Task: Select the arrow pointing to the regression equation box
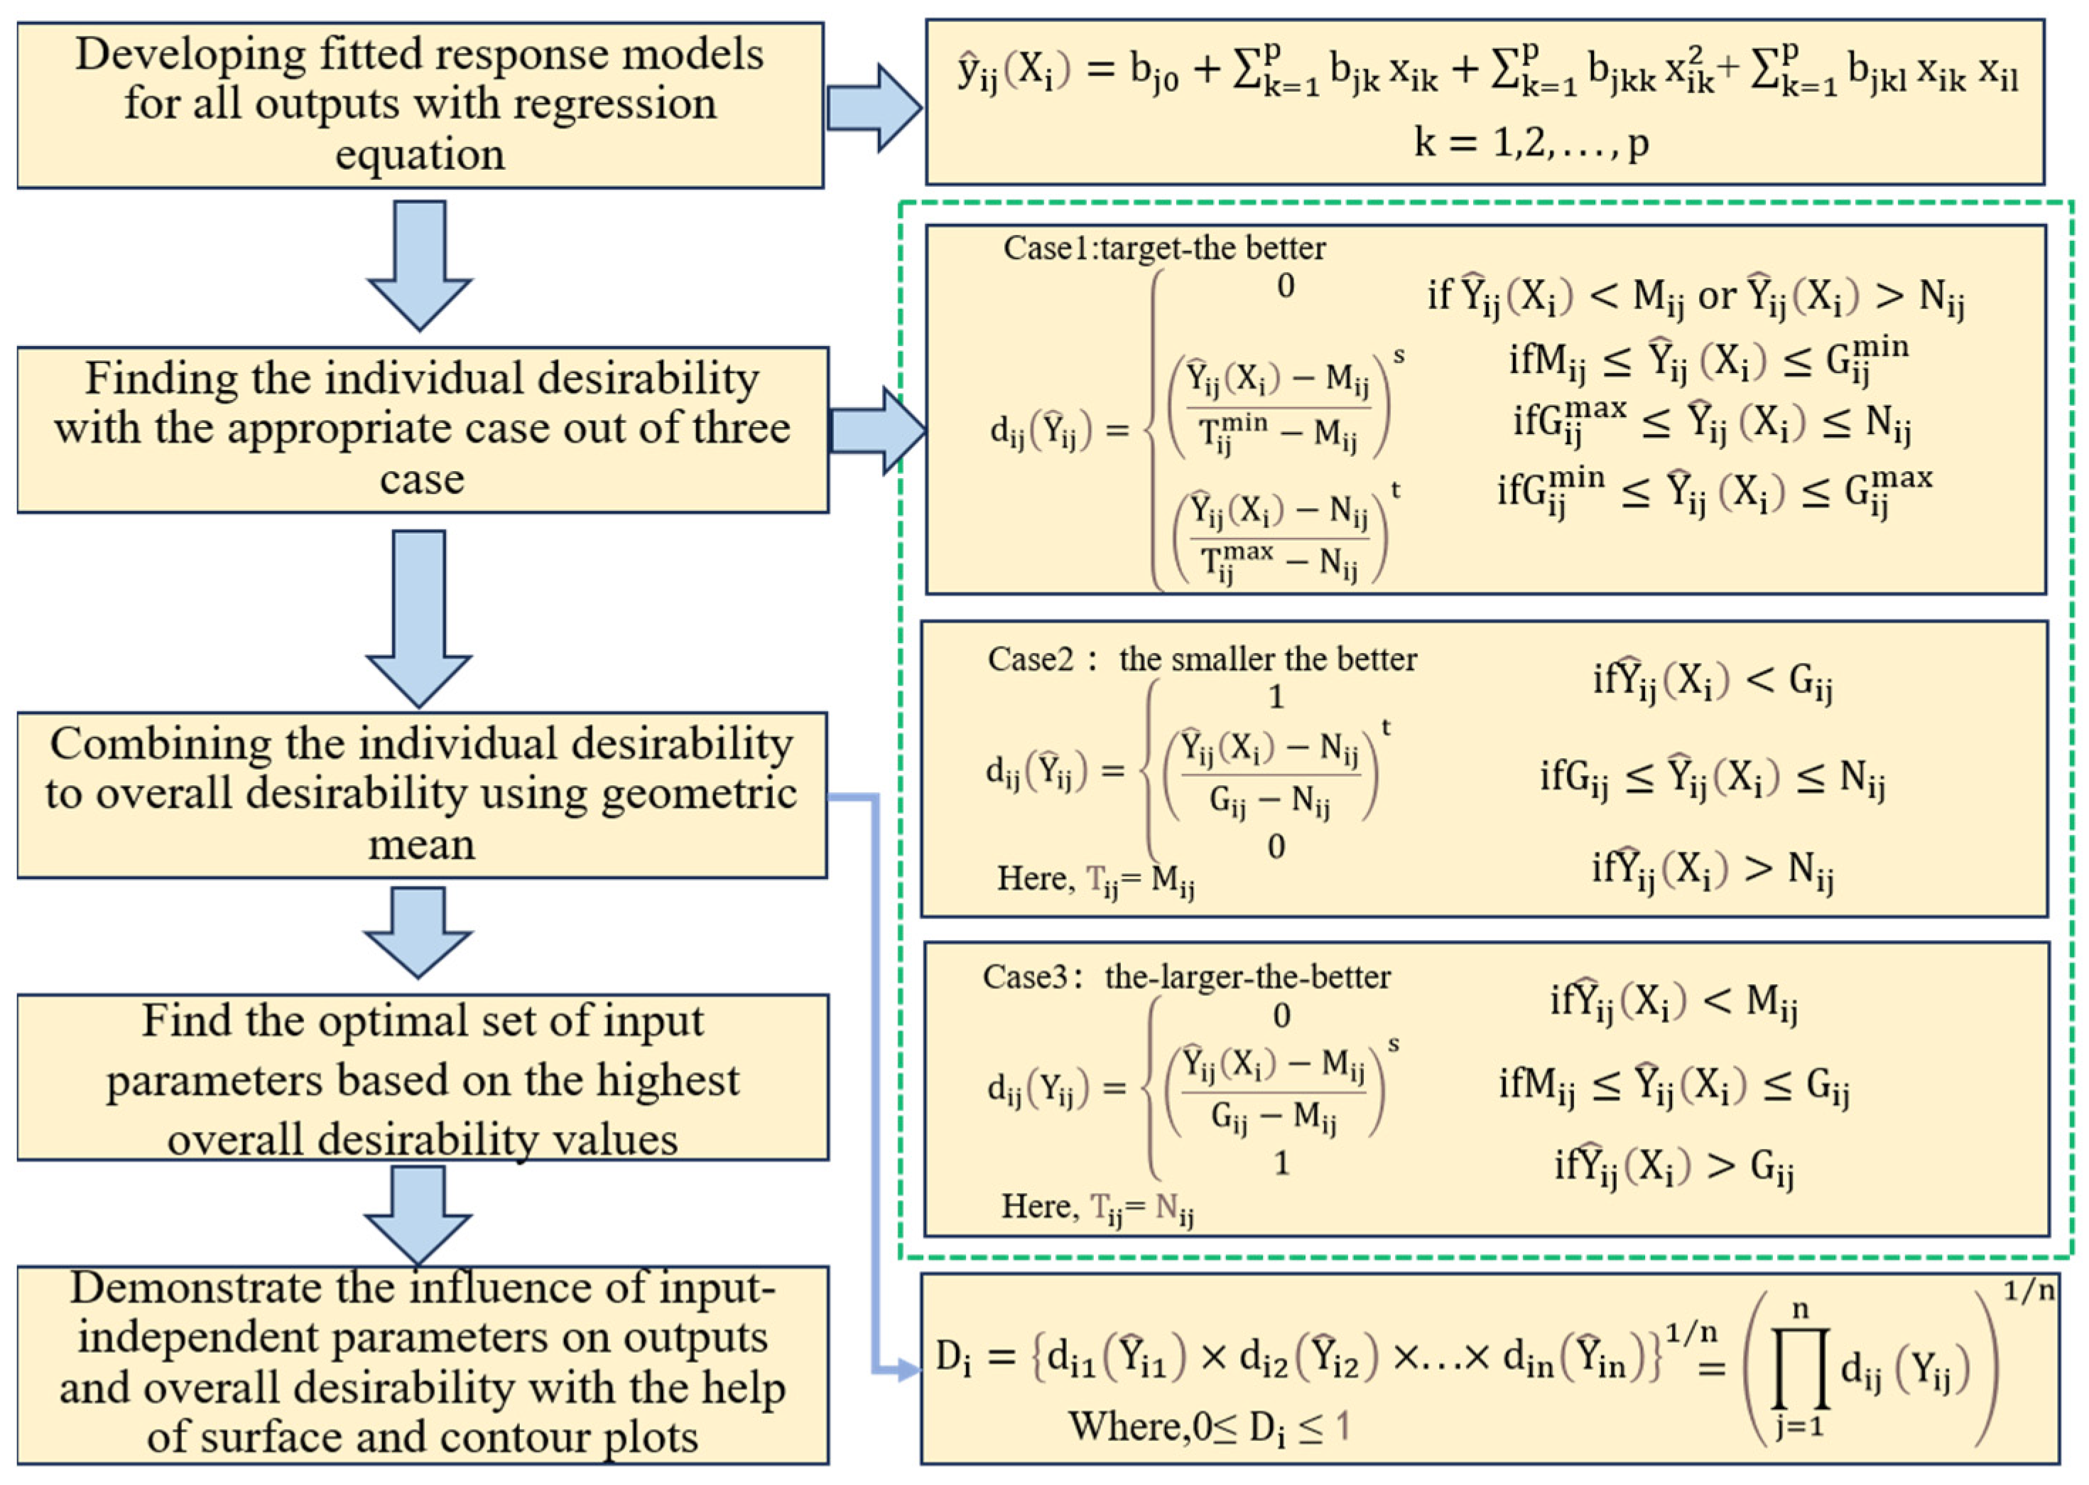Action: tap(873, 108)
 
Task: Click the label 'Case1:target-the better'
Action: tap(1163, 249)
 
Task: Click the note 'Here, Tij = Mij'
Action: tap(1095, 880)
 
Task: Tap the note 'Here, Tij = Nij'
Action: tap(1097, 1207)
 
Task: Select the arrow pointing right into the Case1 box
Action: tap(878, 431)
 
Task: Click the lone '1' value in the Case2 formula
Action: tap(1276, 698)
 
